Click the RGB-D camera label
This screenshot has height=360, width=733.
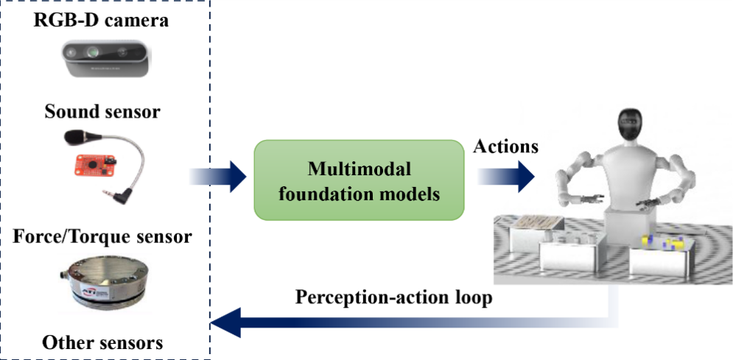point(101,20)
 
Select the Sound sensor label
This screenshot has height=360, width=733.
point(102,112)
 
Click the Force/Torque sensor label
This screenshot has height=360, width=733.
point(102,237)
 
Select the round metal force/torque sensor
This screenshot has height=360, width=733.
point(102,284)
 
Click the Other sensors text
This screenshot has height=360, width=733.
point(102,342)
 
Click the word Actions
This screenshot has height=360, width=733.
point(505,147)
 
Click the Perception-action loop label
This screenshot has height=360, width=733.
point(393,298)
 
